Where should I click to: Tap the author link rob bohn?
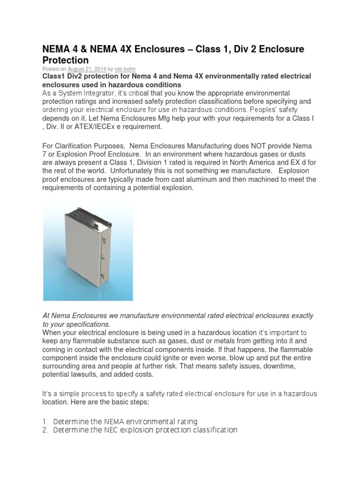click(125, 68)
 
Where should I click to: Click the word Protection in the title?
click(66, 60)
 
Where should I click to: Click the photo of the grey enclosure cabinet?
click(88, 253)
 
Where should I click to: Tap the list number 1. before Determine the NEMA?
click(46, 421)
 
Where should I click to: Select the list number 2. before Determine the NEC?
click(46, 430)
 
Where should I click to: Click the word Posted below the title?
click(51, 68)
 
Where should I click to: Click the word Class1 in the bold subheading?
click(56, 76)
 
